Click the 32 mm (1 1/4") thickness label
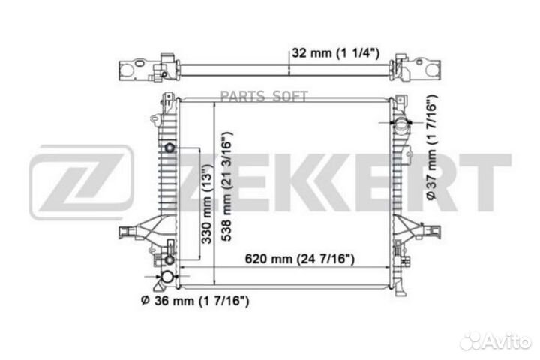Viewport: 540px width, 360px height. click(335, 53)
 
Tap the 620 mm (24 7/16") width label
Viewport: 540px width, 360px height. click(299, 258)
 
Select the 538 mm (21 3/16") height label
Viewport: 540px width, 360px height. click(226, 186)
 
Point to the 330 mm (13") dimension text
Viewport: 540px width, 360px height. click(206, 204)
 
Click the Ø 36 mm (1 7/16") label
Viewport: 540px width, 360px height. click(195, 301)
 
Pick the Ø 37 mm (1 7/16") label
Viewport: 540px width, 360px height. click(431, 147)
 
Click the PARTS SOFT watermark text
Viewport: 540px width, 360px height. click(264, 97)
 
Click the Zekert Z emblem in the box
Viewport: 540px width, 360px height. click(81, 182)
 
